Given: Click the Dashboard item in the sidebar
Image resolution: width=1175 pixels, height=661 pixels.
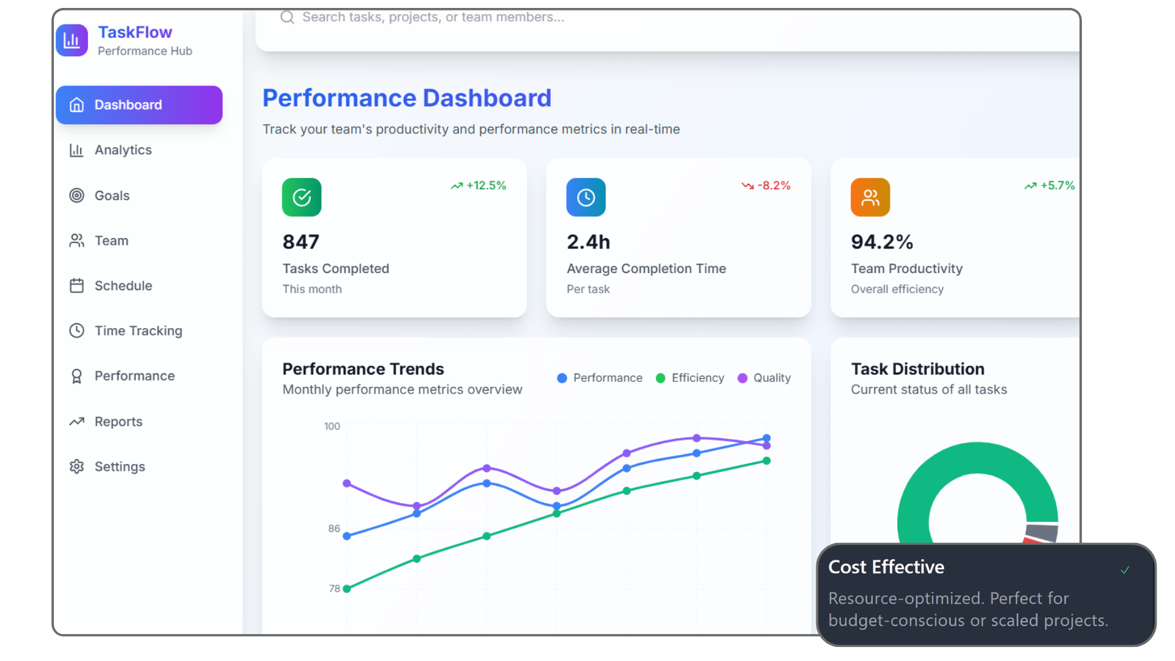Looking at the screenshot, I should coord(139,105).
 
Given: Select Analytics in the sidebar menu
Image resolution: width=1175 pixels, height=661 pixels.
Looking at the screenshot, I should coord(122,150).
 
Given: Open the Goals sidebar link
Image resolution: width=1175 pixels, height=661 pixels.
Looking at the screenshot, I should coord(111,196).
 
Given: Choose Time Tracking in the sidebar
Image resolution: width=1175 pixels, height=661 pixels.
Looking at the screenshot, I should coord(138,330).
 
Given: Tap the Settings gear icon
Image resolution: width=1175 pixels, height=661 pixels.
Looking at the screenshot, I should coord(76,466).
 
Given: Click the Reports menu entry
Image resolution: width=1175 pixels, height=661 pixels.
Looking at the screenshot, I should coord(118,422).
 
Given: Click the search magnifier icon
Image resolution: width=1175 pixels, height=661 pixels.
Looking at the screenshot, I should coord(287,17).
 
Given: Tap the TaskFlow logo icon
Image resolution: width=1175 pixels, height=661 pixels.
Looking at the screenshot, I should coord(72,40).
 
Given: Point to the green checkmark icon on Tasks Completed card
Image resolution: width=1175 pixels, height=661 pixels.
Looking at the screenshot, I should coord(302,197).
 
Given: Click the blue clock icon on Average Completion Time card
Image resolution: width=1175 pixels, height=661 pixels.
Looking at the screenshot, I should coord(586,197).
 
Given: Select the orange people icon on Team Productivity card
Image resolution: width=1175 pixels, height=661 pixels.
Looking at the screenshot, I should coord(870,197).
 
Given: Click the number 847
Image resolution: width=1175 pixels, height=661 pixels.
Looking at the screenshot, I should coord(300,242).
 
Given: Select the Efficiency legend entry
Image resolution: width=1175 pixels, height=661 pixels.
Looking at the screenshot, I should coord(690,378).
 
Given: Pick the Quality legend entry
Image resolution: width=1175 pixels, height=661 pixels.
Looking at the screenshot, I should coord(764,378).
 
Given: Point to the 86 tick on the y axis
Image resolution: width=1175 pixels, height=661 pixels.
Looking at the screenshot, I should coord(334,529).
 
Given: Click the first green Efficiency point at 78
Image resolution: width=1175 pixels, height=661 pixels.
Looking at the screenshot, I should coord(347,589).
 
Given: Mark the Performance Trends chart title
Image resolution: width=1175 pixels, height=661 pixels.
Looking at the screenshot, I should coord(363,369).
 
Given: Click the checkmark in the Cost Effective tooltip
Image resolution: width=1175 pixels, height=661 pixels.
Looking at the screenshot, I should coord(1125,570).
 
